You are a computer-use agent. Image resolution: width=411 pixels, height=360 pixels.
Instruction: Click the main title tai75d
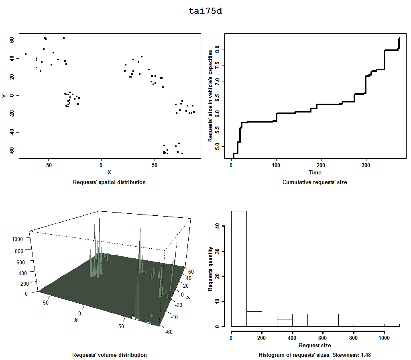click(205, 11)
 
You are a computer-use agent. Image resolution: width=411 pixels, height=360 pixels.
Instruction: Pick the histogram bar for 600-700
click(330, 320)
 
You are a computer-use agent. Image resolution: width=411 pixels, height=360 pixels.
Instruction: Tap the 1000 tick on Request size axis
click(384, 338)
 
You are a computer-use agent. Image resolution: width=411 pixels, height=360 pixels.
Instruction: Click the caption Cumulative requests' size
click(315, 182)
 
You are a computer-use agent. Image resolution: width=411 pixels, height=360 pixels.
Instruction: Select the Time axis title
click(315, 173)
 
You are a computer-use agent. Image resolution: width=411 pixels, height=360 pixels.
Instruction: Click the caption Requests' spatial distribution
click(109, 182)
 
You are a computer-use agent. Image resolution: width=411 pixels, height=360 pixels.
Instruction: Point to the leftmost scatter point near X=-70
click(26, 54)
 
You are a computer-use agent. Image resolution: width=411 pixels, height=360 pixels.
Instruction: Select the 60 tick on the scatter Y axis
click(12, 40)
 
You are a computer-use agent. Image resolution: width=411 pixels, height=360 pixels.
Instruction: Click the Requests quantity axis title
click(210, 268)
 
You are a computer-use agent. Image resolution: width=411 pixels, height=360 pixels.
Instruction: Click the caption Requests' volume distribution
click(109, 355)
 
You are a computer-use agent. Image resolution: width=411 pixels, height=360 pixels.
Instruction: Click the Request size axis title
click(315, 345)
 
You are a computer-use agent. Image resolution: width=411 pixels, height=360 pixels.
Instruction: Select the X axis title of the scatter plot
click(109, 172)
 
